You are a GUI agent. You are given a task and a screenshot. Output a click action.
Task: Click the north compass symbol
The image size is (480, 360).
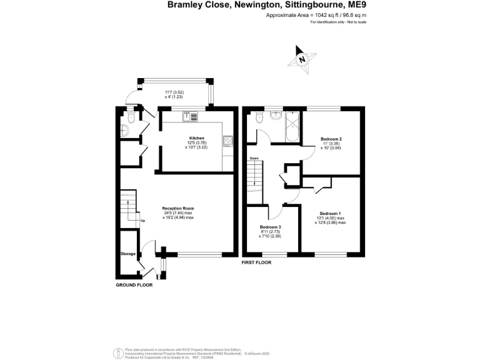click(x=302, y=59)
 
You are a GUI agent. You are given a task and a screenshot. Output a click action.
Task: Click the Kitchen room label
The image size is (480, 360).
click(x=197, y=137)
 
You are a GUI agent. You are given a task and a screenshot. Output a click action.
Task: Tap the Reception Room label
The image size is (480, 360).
click(x=178, y=208)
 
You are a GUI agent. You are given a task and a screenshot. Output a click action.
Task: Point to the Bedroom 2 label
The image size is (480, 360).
click(x=331, y=139)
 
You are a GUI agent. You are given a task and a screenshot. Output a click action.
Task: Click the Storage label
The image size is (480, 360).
click(x=128, y=254)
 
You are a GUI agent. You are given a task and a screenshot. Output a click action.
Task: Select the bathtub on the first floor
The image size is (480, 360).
click(x=293, y=127)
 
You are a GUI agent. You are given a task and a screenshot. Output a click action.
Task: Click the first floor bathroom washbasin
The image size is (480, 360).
click(x=276, y=115)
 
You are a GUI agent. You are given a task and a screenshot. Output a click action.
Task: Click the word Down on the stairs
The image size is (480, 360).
click(x=254, y=158)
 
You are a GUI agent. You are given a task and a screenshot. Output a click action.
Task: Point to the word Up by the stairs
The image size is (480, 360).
click(x=142, y=221)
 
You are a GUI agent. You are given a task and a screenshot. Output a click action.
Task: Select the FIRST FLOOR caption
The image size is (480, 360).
click(x=256, y=263)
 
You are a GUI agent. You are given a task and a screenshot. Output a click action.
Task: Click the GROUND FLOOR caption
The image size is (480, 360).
click(x=134, y=285)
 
